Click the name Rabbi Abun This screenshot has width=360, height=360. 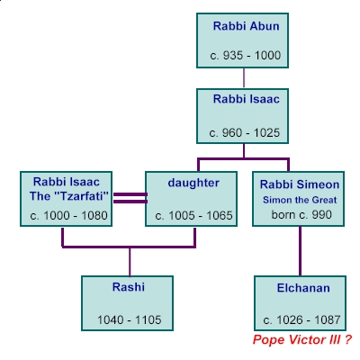click(x=246, y=26)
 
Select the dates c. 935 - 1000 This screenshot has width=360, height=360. click(x=246, y=56)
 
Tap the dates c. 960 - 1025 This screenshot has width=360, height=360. click(x=245, y=133)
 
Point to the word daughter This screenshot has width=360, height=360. click(x=193, y=183)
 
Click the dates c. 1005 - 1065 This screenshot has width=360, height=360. click(x=193, y=216)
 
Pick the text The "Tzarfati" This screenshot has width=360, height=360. click(x=69, y=196)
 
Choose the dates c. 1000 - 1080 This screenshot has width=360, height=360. click(x=68, y=216)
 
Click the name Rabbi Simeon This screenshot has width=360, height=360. click(x=300, y=184)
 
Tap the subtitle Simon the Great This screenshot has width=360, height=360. click(x=300, y=200)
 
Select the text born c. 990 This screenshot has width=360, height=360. click(x=301, y=215)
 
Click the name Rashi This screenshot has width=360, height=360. click(x=129, y=287)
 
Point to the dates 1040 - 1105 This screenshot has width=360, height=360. click(x=130, y=319)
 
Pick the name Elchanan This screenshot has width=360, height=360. click(x=303, y=288)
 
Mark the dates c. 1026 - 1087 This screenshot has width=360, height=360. click(x=301, y=320)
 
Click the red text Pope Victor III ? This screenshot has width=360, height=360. click(x=301, y=340)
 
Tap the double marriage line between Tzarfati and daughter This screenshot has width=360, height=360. click(x=130, y=198)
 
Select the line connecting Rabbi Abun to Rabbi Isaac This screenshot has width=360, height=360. click(x=244, y=77)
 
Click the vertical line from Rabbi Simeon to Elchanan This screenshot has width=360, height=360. click(x=300, y=251)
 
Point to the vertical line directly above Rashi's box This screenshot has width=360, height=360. click(x=130, y=262)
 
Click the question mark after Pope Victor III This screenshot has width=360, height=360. click(x=347, y=339)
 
